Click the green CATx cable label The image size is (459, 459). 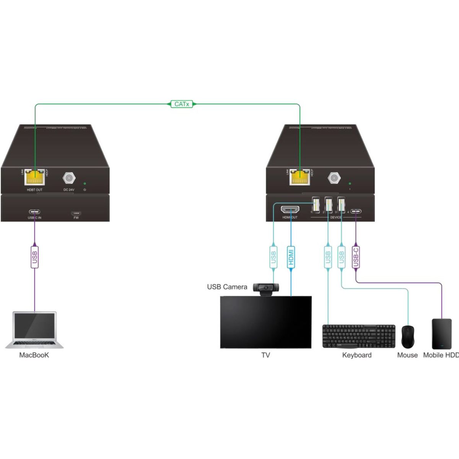point(181,104)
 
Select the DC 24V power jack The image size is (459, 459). point(69,178)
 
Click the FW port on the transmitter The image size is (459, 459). point(76,213)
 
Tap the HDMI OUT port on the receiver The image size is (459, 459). point(290,210)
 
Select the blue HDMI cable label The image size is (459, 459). point(291,256)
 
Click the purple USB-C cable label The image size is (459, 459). point(356,256)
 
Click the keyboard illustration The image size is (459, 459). point(359,336)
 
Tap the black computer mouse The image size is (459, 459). point(408,337)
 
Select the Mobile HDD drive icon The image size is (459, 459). point(442,334)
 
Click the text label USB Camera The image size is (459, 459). point(227,287)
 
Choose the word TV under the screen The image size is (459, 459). point(266,355)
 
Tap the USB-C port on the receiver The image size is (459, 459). point(356,211)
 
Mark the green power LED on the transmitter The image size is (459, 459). point(85,184)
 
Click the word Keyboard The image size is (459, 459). point(356,355)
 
